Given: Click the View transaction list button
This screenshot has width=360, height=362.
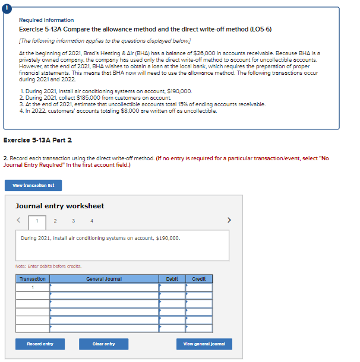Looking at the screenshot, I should click(x=37, y=186).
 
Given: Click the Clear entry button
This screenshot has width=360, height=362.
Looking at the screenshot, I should click(x=103, y=344).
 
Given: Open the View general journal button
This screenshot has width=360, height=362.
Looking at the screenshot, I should click(x=204, y=344).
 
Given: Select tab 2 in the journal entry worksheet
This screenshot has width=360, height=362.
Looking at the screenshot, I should click(x=55, y=221).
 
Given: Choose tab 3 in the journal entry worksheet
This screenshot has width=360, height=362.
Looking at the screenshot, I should click(x=73, y=221).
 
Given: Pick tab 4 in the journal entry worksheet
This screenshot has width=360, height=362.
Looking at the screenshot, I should click(x=91, y=221).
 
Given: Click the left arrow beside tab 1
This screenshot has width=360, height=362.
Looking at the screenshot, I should click(x=19, y=221).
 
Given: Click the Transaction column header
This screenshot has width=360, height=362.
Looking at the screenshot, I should click(x=33, y=278).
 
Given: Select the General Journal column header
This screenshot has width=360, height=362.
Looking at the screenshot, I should click(x=104, y=278).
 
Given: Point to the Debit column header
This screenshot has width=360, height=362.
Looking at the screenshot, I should click(x=172, y=278).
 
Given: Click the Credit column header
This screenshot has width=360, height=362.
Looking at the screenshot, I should click(x=198, y=278).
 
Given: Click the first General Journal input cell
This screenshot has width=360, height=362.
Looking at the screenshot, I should click(x=104, y=287).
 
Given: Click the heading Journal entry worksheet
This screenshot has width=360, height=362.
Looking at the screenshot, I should click(x=59, y=206).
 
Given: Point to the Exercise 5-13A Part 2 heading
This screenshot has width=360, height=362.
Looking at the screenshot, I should click(x=37, y=140).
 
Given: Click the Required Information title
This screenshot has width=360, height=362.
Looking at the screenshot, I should click(x=46, y=20).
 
